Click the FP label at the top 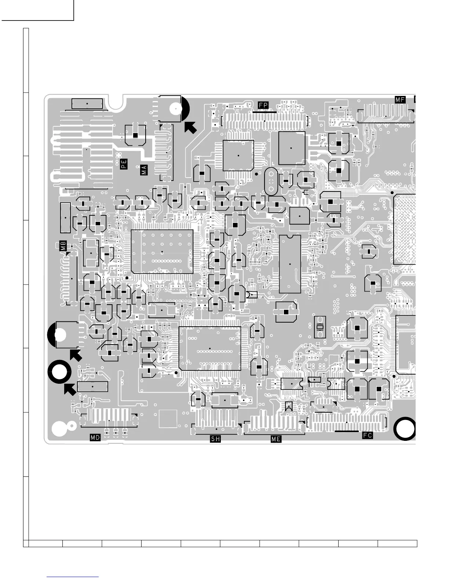click(x=263, y=105)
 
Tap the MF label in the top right click(x=400, y=99)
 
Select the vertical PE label click(x=124, y=164)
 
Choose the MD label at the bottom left click(x=95, y=437)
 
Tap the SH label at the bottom click(x=215, y=439)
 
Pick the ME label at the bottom click(x=276, y=439)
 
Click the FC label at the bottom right click(x=367, y=435)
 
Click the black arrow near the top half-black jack click(x=190, y=127)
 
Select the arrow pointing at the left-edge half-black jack click(x=76, y=355)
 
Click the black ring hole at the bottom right click(x=405, y=429)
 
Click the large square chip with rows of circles click(x=162, y=252)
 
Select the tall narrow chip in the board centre click(x=290, y=264)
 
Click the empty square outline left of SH click(x=168, y=419)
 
